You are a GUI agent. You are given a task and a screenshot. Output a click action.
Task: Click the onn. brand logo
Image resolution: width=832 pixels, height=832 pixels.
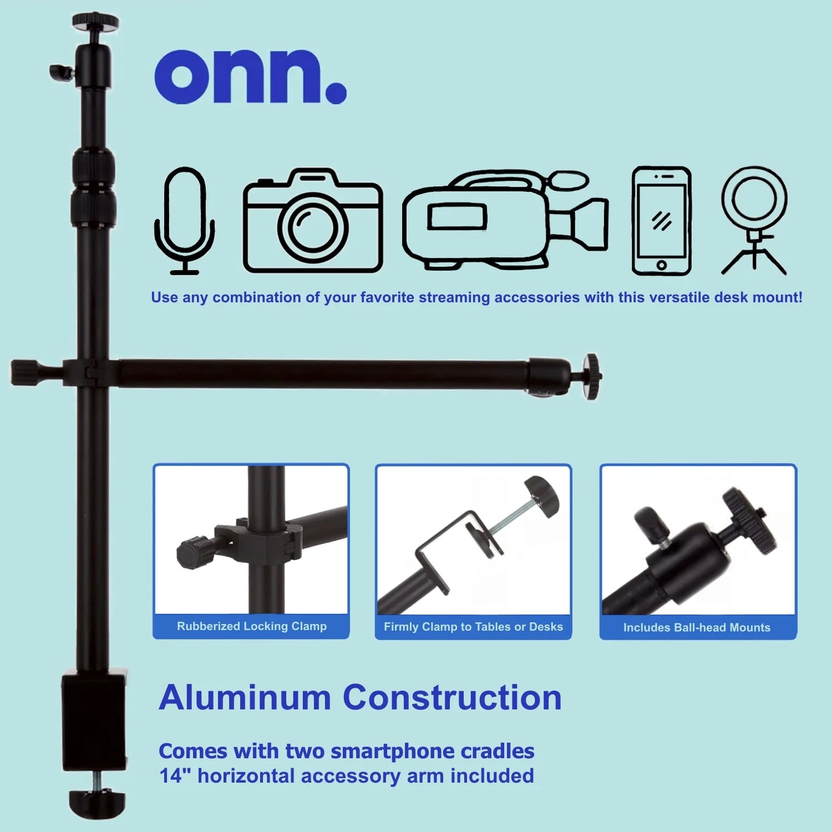tap(250, 77)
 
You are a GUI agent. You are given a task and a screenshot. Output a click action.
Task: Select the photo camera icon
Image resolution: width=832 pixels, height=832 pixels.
tap(313, 221)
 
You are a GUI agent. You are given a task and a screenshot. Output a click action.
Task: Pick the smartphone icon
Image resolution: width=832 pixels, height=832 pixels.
tap(662, 221)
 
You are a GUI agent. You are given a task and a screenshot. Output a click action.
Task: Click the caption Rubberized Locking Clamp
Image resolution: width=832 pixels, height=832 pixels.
tap(252, 626)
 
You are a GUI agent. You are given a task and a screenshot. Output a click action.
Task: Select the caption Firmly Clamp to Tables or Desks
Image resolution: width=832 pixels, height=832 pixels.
tap(473, 627)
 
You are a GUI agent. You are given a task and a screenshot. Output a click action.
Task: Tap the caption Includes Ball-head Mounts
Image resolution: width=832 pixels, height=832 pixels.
tap(697, 628)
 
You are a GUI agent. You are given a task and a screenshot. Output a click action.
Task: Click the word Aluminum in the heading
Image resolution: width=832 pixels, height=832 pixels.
tap(245, 698)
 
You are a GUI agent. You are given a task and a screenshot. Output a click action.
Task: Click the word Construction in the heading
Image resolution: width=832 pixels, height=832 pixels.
tap(452, 698)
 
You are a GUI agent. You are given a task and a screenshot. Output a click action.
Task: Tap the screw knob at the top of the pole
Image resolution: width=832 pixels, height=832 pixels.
tap(96, 22)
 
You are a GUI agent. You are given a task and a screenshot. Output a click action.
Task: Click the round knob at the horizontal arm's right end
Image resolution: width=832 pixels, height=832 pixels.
tap(592, 377)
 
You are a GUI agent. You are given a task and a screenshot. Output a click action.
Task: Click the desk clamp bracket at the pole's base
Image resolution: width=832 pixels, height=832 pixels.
tap(94, 720)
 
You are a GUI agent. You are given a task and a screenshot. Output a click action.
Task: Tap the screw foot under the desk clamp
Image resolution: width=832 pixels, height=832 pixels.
tap(97, 803)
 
